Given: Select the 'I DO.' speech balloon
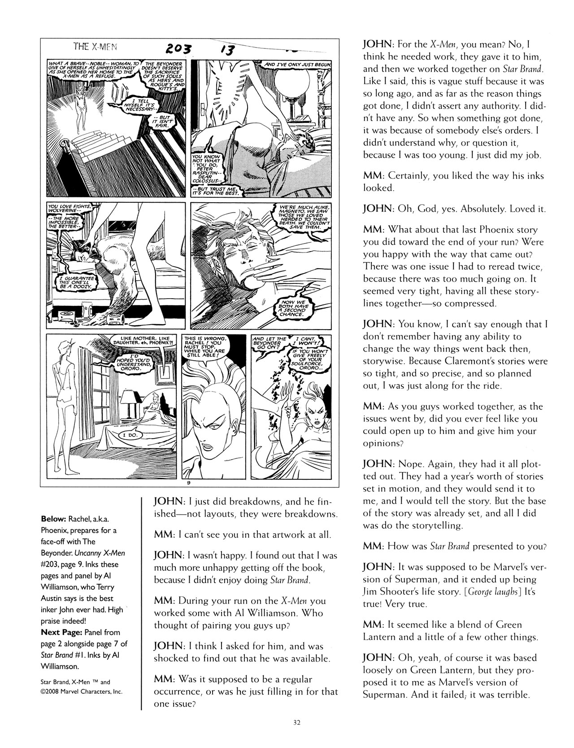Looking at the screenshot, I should click(x=130, y=435).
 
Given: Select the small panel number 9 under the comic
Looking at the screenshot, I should click(x=189, y=483).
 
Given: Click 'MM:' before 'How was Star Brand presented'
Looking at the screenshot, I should click(x=374, y=546).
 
